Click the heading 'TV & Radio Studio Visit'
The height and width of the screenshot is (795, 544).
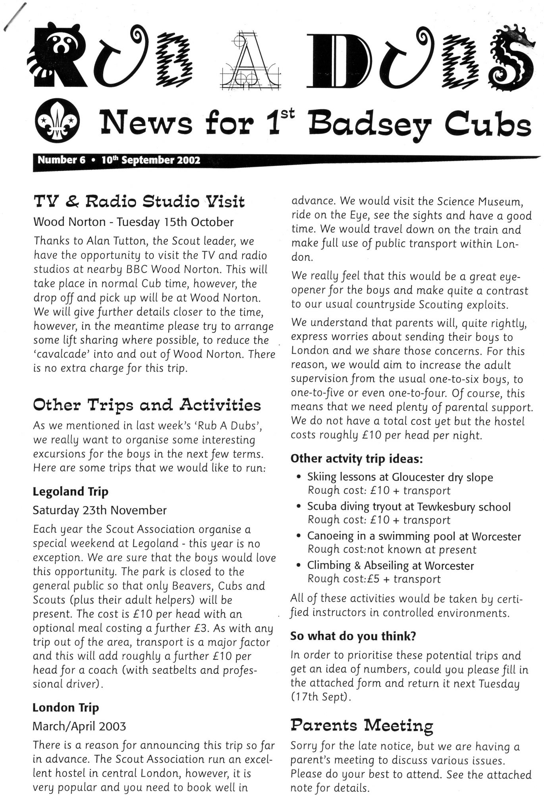pyautogui.click(x=139, y=202)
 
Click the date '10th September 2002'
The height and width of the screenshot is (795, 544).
pyautogui.click(x=150, y=160)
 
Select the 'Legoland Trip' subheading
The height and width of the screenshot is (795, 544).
pyautogui.click(x=70, y=492)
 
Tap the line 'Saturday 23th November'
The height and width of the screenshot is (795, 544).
pyautogui.click(x=99, y=510)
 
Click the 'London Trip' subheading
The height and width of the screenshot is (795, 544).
pyautogui.click(x=66, y=708)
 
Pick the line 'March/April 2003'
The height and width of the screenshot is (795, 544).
pyautogui.click(x=79, y=726)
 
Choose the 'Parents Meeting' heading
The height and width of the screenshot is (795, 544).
pyautogui.click(x=361, y=725)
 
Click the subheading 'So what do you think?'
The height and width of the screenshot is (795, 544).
pyautogui.click(x=353, y=636)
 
